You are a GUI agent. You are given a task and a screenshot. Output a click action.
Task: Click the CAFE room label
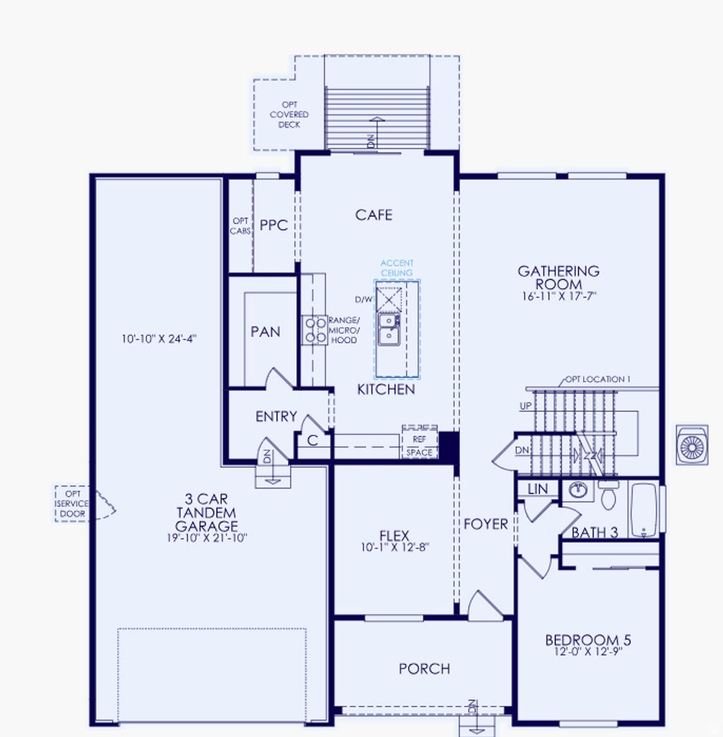(374, 215)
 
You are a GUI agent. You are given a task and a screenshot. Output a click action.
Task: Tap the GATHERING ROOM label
(558, 277)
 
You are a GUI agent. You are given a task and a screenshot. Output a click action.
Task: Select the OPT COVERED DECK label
(289, 114)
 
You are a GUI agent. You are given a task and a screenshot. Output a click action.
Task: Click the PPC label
(274, 225)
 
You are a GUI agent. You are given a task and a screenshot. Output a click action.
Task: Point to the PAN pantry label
(265, 331)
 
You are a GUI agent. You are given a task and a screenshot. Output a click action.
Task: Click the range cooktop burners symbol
(314, 330)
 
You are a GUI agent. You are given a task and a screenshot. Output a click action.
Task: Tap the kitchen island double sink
(388, 329)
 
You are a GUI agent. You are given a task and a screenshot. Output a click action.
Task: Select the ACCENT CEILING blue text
(398, 268)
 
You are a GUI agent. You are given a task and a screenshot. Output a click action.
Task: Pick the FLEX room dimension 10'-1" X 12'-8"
(394, 547)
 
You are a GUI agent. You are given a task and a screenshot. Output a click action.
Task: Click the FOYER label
(486, 524)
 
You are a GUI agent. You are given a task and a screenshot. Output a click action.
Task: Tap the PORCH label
(424, 668)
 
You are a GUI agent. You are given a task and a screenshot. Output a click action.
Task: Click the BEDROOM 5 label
(587, 640)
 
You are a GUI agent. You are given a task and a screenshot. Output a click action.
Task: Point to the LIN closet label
(537, 489)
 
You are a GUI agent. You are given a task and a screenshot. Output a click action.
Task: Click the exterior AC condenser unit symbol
(692, 444)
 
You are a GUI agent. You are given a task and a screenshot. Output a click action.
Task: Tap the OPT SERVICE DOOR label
(73, 503)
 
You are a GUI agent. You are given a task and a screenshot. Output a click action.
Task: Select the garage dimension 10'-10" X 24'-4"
(158, 338)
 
